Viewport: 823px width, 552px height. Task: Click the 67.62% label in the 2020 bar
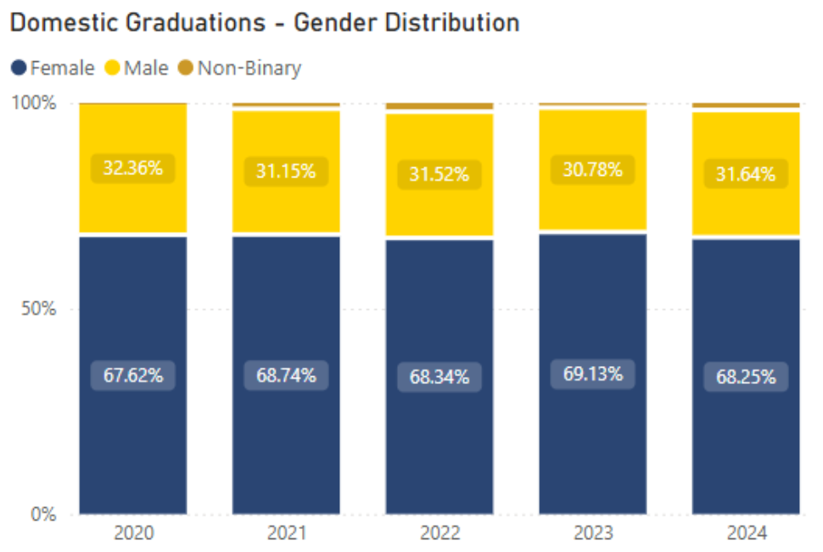[x=133, y=375]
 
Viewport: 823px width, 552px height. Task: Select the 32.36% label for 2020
[x=133, y=168]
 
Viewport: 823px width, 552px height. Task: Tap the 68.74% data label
[x=287, y=375]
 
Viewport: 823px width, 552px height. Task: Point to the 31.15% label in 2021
[x=286, y=172]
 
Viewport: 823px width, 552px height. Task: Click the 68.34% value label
[x=439, y=377]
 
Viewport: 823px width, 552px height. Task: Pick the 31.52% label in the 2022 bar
[x=439, y=175]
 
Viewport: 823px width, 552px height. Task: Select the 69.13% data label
[x=593, y=373]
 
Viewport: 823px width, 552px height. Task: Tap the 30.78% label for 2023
[x=592, y=170]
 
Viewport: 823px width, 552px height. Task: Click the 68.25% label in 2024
[x=746, y=377]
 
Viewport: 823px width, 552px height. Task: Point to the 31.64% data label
[x=746, y=175]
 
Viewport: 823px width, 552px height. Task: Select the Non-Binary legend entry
[x=241, y=68]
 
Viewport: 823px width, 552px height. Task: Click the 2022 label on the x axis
[x=439, y=534]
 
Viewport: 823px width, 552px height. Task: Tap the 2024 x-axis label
[x=746, y=534]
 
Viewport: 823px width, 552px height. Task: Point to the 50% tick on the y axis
[x=38, y=309]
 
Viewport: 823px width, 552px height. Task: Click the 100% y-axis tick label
[x=34, y=104]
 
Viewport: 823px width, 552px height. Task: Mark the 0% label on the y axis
[x=42, y=515]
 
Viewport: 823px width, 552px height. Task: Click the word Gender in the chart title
[x=336, y=23]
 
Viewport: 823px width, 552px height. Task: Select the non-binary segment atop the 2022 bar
[x=439, y=107]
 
